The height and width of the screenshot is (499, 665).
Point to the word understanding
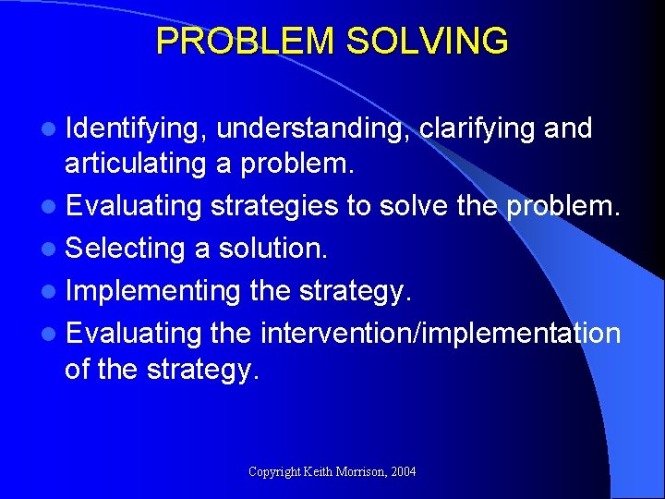313,130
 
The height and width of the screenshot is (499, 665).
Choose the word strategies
274,206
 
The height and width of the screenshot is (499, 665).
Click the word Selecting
127,249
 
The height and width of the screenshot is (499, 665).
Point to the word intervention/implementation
441,333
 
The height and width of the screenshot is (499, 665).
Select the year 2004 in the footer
404,472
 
